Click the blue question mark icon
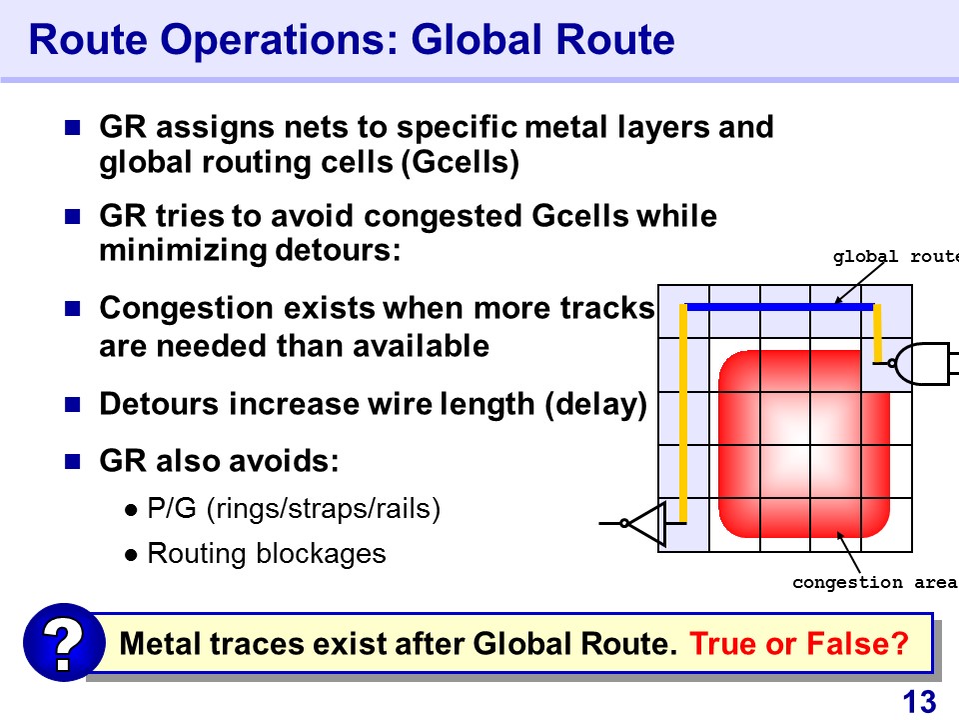[x=64, y=642]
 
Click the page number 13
[x=919, y=702]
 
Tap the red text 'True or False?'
[x=799, y=643]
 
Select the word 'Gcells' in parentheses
[x=461, y=162]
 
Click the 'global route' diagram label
[x=895, y=257]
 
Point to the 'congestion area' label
[x=875, y=582]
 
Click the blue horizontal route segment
[x=780, y=307]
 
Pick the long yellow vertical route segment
[x=683, y=413]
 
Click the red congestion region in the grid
[x=804, y=444]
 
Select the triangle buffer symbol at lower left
[x=645, y=523]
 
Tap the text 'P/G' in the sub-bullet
[x=172, y=508]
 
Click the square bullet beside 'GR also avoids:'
[x=73, y=461]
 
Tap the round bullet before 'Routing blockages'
[x=131, y=555]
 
